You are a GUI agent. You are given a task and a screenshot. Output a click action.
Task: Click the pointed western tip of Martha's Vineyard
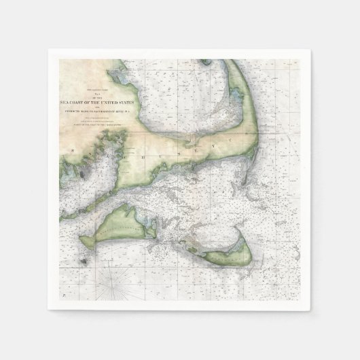click(x=82, y=242)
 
